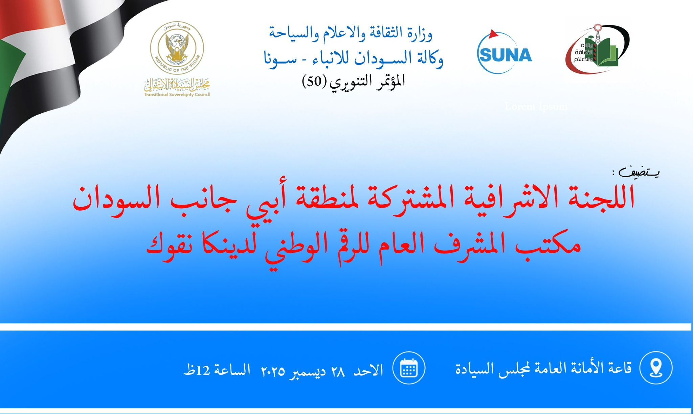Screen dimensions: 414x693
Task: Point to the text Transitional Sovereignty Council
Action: (x=177, y=95)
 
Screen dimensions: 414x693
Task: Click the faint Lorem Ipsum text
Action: (x=536, y=107)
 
